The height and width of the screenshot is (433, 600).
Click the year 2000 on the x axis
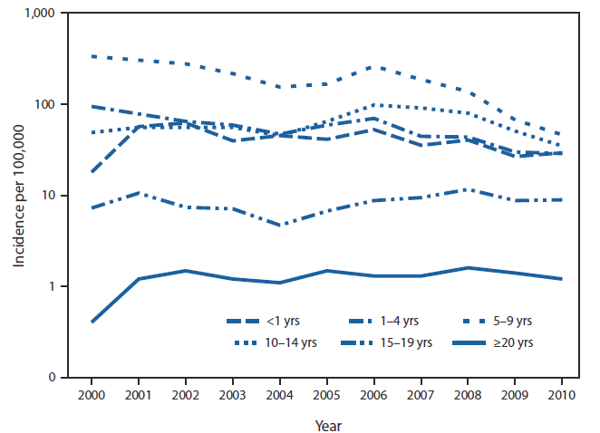click(91, 396)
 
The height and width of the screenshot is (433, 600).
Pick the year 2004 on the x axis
click(279, 396)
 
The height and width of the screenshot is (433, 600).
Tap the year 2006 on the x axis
click(373, 396)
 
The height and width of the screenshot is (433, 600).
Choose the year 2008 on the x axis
click(468, 396)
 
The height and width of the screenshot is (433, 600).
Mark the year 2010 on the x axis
click(562, 396)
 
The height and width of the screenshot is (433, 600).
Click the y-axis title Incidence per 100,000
click(18, 196)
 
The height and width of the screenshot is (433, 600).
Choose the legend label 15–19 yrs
click(412, 342)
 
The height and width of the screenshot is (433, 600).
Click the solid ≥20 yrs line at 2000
click(91, 322)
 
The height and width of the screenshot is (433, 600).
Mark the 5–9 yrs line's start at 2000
click(91, 56)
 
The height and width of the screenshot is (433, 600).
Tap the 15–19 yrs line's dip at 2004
click(279, 225)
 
